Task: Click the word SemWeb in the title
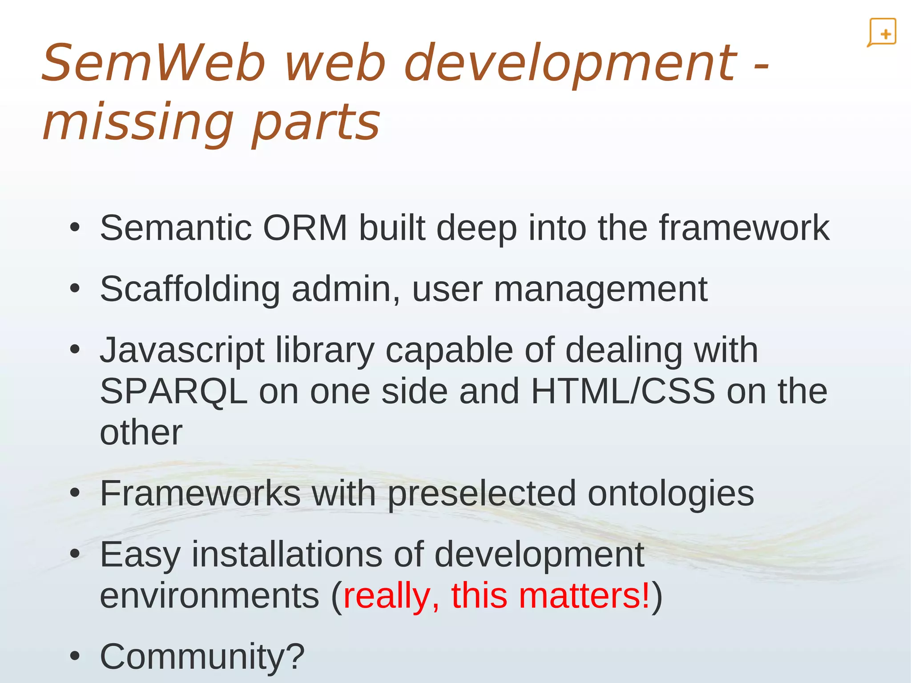click(153, 63)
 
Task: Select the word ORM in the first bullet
click(305, 228)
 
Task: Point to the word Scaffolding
click(190, 289)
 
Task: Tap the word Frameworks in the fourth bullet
click(200, 493)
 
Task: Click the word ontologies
click(671, 494)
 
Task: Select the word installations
click(287, 555)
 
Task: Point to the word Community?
click(202, 656)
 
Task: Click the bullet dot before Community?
click(75, 656)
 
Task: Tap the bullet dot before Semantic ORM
click(75, 228)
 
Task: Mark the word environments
click(210, 596)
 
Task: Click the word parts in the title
click(316, 122)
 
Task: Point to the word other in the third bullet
click(141, 432)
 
